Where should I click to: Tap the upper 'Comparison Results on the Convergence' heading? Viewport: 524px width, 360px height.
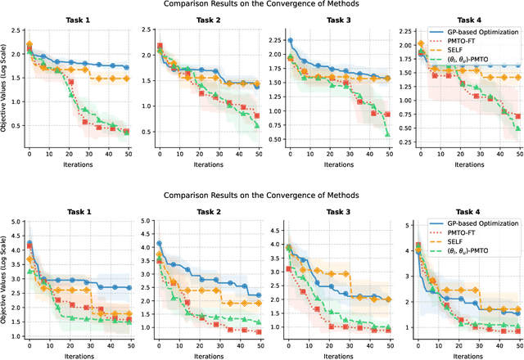point(261,6)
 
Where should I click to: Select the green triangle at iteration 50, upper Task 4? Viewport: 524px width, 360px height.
point(517,128)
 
